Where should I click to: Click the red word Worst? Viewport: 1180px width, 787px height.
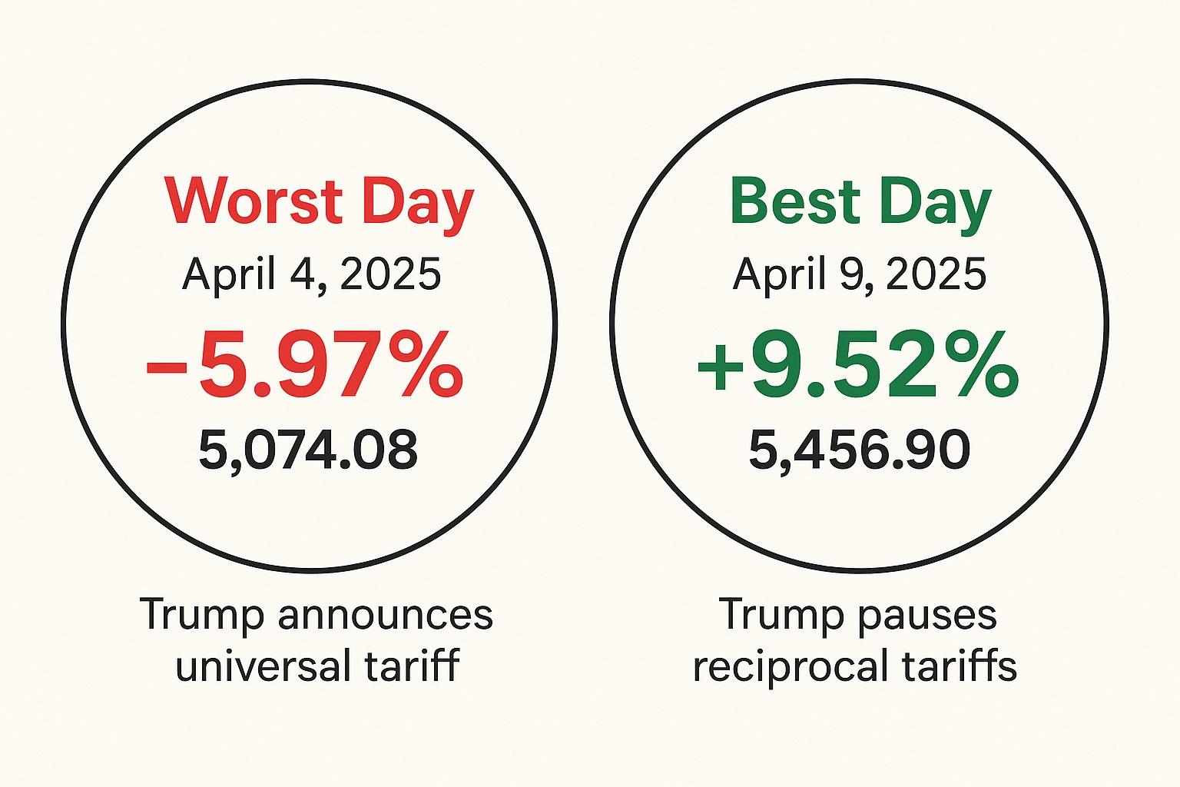coord(254,201)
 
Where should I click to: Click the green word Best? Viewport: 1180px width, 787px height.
coord(795,201)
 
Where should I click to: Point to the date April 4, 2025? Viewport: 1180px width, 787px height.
coord(311,274)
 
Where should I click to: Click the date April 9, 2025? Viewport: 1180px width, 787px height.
coord(859,274)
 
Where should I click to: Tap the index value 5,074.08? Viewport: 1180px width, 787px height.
coord(308,450)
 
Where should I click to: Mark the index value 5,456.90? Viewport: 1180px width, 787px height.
coord(859,450)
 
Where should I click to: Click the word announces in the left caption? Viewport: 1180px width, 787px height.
coord(385,616)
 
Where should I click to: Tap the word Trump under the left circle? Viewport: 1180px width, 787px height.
coord(203,616)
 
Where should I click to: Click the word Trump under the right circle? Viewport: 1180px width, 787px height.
coord(782,616)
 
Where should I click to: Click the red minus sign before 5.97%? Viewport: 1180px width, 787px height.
coord(167,367)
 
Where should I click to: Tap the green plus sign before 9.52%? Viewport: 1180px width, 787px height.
coord(720,367)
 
